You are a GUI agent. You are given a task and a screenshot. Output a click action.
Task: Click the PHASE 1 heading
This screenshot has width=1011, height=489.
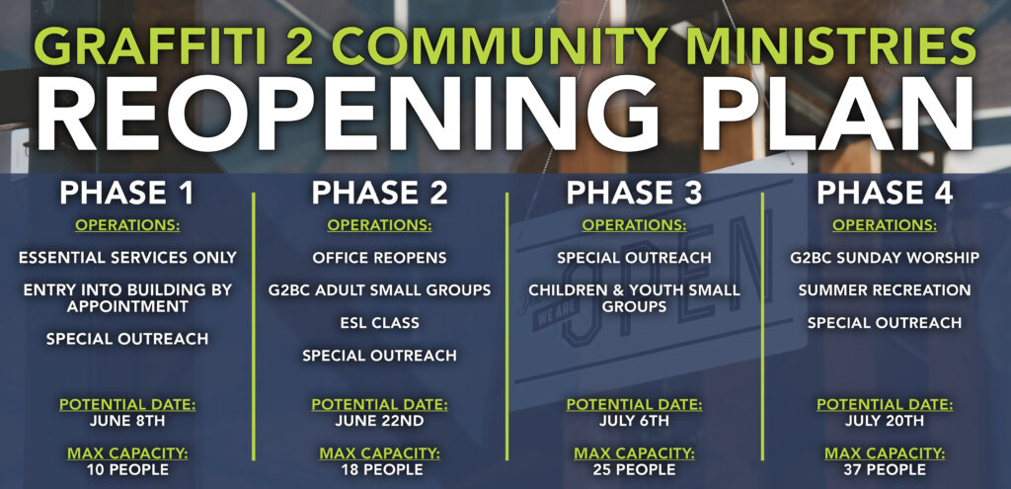(x=126, y=194)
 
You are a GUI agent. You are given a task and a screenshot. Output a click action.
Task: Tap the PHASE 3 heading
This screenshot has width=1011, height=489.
(x=634, y=194)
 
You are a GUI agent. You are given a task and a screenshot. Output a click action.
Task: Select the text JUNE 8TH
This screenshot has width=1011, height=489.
(x=127, y=422)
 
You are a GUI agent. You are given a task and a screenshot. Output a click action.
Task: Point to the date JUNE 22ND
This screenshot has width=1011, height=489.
(x=379, y=422)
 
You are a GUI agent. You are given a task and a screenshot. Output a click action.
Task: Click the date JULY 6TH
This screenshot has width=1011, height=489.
(x=634, y=422)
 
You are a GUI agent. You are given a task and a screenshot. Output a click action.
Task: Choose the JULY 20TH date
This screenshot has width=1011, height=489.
(x=884, y=422)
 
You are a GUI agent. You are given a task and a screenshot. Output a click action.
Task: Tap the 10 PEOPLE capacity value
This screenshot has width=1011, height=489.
(x=127, y=469)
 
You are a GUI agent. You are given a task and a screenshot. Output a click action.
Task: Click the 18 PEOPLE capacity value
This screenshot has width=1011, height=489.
(x=379, y=469)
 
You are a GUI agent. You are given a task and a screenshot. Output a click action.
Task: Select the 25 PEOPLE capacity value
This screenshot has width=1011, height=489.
(x=634, y=469)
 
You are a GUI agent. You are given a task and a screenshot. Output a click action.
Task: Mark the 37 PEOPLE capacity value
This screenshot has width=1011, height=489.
(x=884, y=469)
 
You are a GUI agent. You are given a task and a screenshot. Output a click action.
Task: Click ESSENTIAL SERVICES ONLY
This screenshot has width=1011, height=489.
(x=127, y=258)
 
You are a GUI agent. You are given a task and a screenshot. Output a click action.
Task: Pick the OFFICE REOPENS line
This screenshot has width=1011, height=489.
(x=379, y=258)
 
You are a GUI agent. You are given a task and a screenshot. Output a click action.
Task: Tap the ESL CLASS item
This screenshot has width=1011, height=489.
(x=379, y=323)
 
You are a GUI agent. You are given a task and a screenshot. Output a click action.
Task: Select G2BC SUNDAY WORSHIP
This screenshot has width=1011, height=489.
(x=884, y=258)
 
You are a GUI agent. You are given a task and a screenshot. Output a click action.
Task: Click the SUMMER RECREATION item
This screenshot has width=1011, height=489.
(x=884, y=290)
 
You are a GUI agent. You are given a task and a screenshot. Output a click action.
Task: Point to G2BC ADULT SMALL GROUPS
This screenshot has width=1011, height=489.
(x=379, y=290)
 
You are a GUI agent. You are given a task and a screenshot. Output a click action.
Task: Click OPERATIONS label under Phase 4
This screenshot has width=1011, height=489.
(x=884, y=225)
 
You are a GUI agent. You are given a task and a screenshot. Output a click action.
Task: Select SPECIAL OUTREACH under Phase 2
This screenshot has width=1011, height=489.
(x=379, y=356)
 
